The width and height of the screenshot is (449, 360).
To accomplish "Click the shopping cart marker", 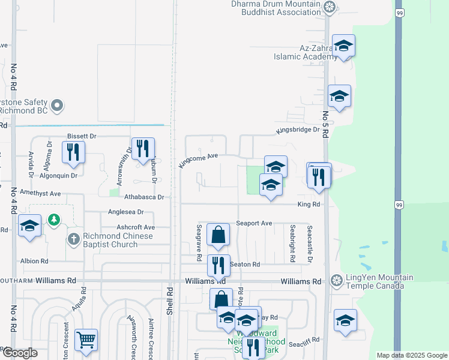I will [86, 340].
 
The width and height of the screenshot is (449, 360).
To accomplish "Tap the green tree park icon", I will [55, 220].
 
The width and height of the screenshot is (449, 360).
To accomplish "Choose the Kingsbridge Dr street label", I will [298, 130].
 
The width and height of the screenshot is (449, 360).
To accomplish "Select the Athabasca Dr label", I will [144, 197].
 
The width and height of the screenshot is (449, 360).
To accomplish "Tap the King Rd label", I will [310, 205].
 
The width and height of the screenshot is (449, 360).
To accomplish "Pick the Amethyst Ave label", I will [40, 194].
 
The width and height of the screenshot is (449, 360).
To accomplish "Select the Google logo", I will [19, 353].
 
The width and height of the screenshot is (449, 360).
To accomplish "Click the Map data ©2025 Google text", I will [411, 355].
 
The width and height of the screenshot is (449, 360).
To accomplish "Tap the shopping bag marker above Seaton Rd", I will [218, 235].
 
